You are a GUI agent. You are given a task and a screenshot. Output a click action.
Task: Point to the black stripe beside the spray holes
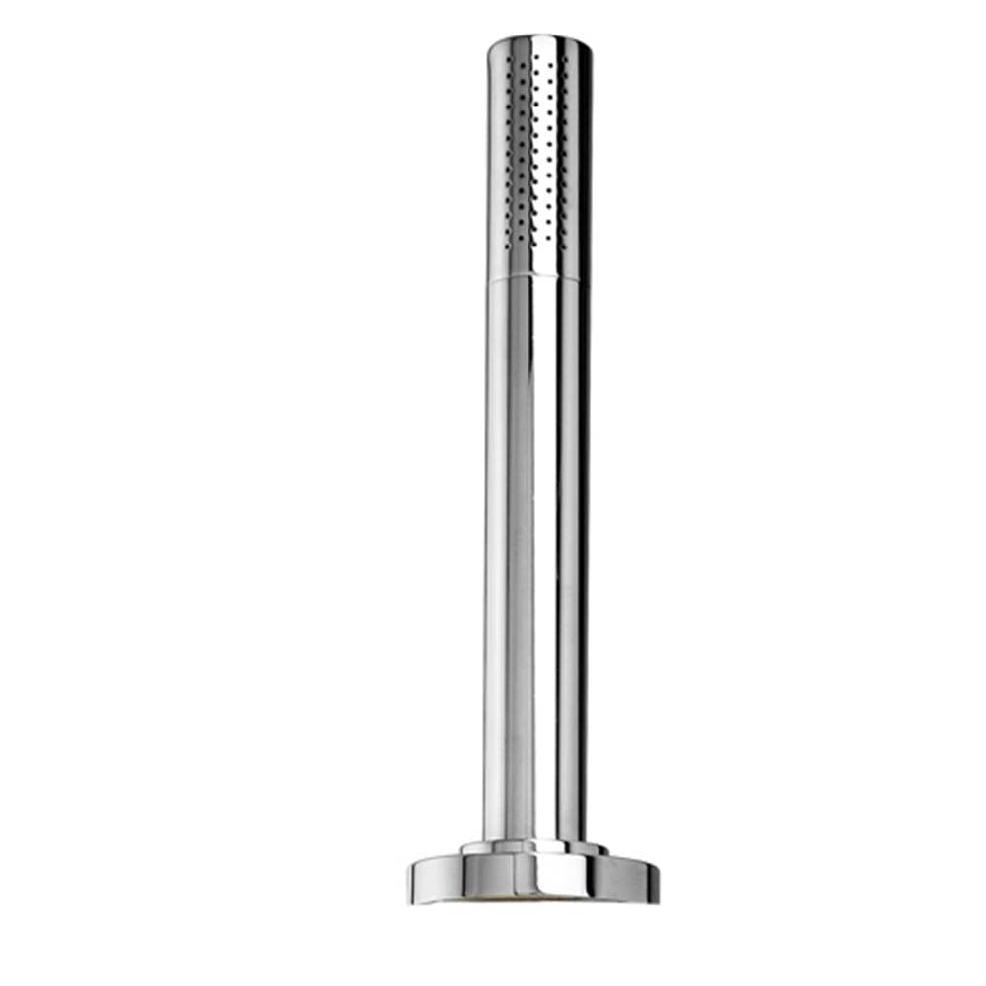coord(581,158)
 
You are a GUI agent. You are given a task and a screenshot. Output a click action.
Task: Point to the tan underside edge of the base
coord(532,900)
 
